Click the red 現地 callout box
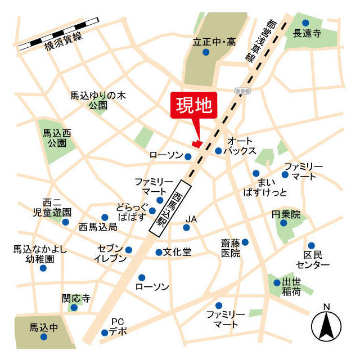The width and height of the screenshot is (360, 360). [193, 105]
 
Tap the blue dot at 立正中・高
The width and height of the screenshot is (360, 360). [205, 52]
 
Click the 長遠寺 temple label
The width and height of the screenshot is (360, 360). [307, 33]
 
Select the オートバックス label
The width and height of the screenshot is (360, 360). [240, 146]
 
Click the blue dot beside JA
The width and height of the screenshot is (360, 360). [187, 228]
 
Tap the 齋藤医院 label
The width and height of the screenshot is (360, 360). [231, 247]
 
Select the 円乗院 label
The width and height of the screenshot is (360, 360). [285, 214]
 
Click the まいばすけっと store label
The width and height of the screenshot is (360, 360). [272, 187]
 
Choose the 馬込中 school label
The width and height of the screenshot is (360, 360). [43, 326]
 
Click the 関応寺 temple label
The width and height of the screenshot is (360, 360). [76, 298]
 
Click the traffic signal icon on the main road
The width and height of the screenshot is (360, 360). [242, 91]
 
